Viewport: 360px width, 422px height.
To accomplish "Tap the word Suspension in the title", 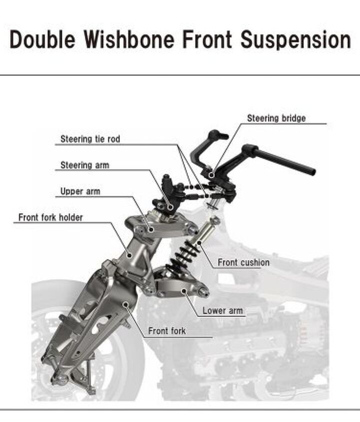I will [296, 39].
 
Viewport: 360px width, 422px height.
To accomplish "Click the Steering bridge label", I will [276, 118].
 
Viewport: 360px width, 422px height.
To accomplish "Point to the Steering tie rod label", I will [90, 139].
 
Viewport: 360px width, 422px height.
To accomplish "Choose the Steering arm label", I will [84, 165].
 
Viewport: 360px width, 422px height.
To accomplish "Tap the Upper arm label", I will [80, 191].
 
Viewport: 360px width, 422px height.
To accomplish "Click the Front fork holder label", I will [50, 217].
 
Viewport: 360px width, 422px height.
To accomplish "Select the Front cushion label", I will [243, 262].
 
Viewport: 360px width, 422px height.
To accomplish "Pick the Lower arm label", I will [222, 311].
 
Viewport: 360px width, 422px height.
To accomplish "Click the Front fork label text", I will [167, 331].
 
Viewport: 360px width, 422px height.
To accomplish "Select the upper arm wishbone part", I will [165, 227].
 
